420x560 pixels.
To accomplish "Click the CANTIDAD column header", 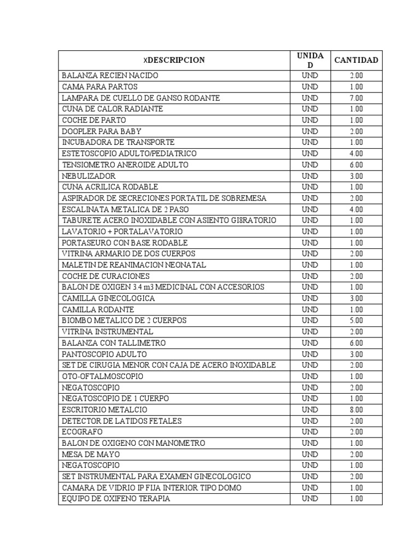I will coord(356,60).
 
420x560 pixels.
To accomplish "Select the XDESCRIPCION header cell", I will coord(174,60).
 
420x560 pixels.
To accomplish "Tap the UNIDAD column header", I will coord(310,60).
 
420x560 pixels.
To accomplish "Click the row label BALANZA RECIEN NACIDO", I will coord(110,75).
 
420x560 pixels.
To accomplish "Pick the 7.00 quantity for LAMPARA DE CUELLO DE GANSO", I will coord(356,98).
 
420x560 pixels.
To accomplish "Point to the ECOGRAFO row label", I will coord(82,432).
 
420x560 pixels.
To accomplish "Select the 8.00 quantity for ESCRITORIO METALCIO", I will coord(356,410).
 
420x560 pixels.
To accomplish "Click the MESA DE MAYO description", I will coord(91,454).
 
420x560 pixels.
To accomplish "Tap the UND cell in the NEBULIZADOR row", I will coord(310,176).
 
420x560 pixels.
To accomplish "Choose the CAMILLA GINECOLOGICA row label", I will coord(108,298).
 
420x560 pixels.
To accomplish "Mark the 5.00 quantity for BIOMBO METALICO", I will coord(356,320).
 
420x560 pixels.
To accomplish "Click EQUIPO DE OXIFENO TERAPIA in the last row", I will coord(116,499).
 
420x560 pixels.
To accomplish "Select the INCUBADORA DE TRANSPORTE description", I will coord(118,142).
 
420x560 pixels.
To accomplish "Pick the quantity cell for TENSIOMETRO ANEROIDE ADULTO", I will coord(356,165).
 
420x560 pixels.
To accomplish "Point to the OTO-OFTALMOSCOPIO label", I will coord(102,376).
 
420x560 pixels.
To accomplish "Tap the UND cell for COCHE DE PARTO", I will coord(310,120).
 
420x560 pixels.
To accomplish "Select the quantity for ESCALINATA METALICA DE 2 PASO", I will coord(356,209).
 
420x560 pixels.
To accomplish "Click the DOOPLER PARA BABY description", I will coord(101,131).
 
